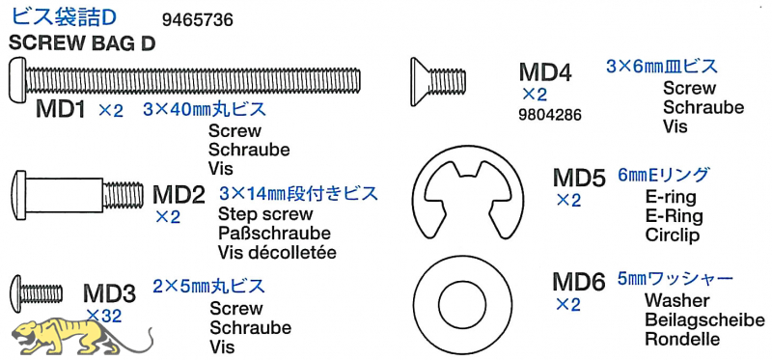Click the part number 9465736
[x=197, y=20]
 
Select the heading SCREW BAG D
[x=82, y=44]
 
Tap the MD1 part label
[x=61, y=109]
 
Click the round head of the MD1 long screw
[x=17, y=79]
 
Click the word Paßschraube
[x=274, y=233]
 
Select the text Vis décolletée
[x=277, y=253]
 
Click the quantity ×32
[x=103, y=316]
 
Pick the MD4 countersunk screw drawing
[x=438, y=82]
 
